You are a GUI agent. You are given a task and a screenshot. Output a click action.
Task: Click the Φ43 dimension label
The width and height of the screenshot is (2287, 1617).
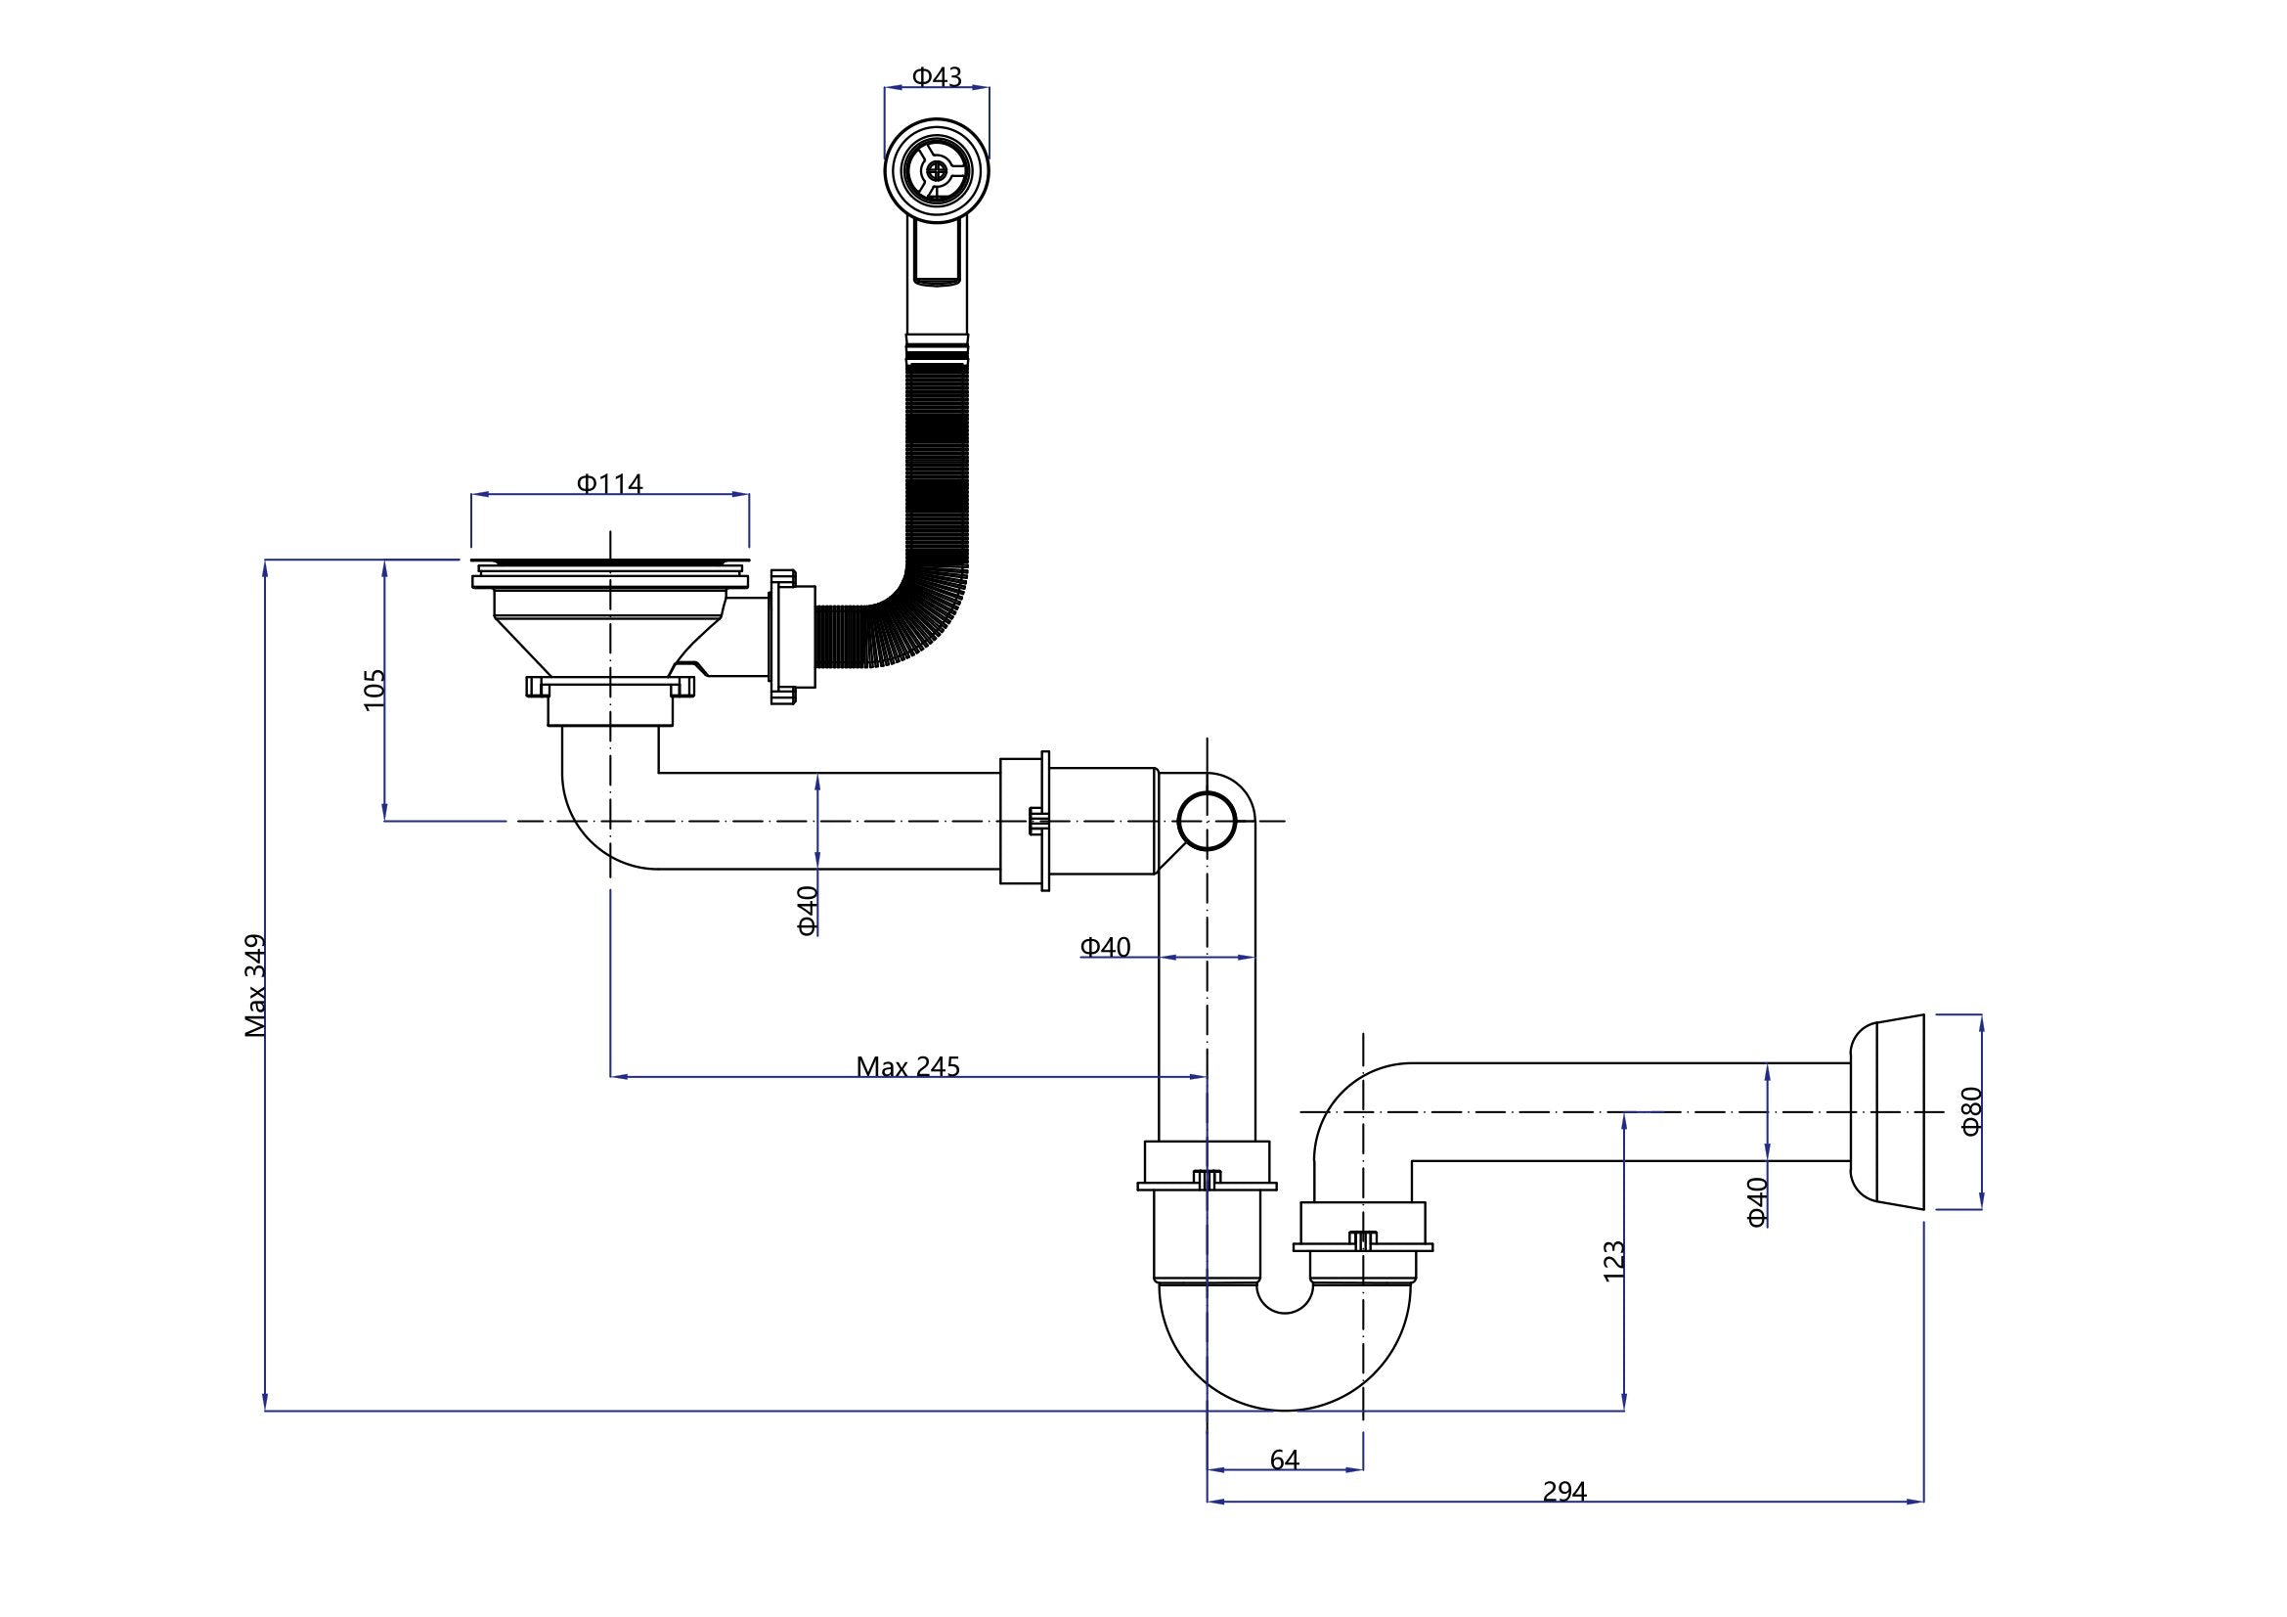click(937, 75)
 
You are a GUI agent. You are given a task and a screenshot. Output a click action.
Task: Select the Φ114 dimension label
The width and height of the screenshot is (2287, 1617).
click(609, 483)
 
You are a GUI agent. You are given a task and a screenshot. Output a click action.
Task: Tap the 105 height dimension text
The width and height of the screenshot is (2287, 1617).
click(374, 689)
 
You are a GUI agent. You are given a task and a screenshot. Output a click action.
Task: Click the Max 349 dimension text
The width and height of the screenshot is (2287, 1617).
click(256, 985)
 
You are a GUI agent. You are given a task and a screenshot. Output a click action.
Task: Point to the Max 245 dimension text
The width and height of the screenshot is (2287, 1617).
click(907, 1067)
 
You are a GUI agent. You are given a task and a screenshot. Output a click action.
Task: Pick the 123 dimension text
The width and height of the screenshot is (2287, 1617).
click(1613, 1260)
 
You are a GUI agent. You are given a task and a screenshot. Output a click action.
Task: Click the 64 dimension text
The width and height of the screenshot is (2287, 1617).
click(1284, 1460)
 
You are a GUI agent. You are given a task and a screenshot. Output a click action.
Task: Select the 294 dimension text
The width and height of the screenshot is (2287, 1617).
click(1563, 1519)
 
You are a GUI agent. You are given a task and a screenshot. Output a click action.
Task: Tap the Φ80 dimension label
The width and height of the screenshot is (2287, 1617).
click(1971, 1110)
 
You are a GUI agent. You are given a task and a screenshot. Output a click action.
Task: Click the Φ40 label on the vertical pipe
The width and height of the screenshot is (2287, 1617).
click(1106, 947)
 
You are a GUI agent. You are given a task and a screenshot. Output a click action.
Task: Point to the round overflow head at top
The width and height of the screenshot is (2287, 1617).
click(937, 170)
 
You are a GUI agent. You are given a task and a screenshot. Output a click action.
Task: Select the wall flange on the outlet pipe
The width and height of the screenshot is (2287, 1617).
click(1885, 1111)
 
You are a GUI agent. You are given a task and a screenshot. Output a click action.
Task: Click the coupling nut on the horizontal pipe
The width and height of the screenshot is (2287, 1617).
click(1026, 821)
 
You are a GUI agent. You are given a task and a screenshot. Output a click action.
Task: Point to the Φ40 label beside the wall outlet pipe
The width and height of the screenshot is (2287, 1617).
click(1757, 1200)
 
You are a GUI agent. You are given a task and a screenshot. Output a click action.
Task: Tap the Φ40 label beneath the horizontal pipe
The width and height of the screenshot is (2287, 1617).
click(807, 910)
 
